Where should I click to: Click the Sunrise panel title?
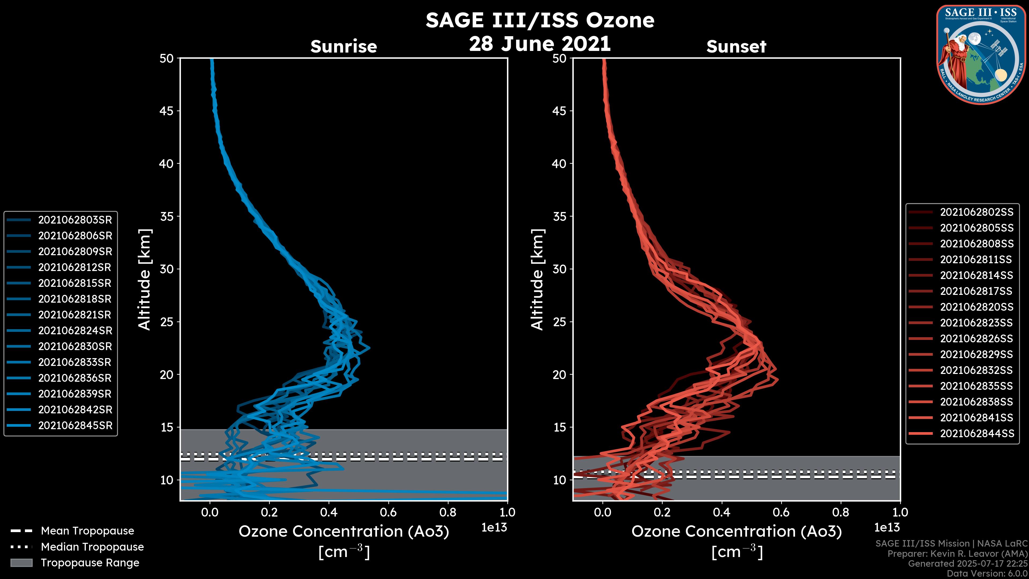tap(344, 46)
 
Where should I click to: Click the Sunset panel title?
tap(736, 46)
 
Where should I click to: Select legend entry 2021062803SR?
tap(75, 220)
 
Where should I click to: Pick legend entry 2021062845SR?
tap(75, 426)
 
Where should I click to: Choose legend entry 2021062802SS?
tap(976, 212)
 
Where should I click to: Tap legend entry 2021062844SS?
tap(976, 433)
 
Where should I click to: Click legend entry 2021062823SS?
tap(976, 323)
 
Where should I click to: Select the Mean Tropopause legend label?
tap(87, 531)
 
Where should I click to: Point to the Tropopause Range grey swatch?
tap(21, 563)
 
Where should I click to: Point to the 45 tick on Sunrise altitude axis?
tap(167, 111)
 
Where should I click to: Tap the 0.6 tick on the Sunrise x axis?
tap(388, 512)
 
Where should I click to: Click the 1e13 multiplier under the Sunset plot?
tap(887, 528)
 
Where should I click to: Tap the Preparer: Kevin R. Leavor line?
tap(957, 554)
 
